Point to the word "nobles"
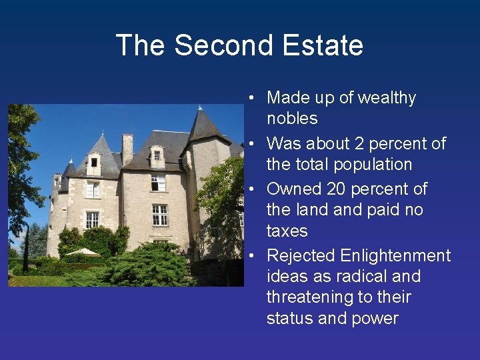click(292, 119)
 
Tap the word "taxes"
click(287, 231)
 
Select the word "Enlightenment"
click(395, 256)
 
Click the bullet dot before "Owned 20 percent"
click(253, 190)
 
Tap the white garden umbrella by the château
click(84, 252)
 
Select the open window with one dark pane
click(159, 182)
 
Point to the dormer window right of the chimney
click(157, 157)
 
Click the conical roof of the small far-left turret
click(67, 169)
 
